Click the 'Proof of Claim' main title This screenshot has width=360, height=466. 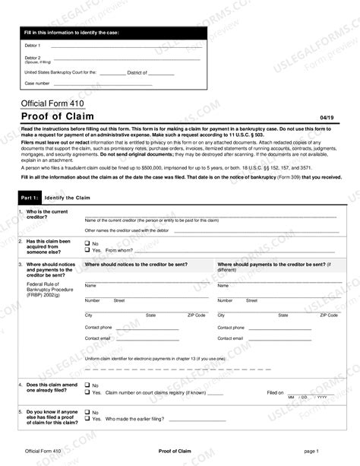pos(62,116)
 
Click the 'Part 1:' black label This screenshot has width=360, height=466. pos(29,198)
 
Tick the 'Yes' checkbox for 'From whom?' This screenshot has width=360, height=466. pos(87,249)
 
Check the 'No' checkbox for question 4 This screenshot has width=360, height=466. pos(87,386)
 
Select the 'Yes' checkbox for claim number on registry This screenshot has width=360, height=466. pos(87,393)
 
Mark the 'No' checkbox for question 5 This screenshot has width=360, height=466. pos(87,412)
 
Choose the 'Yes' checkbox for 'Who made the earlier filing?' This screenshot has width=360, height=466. pos(87,419)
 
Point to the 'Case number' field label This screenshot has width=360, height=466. pos(37,83)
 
